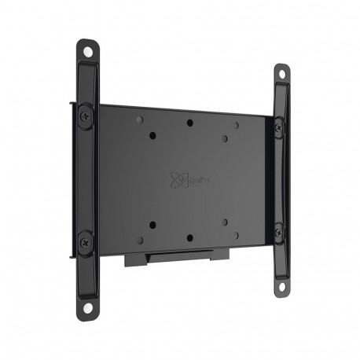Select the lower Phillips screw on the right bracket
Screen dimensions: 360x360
[277, 230]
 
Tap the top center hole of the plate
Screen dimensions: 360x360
[189, 123]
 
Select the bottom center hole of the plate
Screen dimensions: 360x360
[189, 237]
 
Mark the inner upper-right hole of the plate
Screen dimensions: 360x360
[225, 138]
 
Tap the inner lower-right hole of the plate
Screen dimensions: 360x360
[224, 222]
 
